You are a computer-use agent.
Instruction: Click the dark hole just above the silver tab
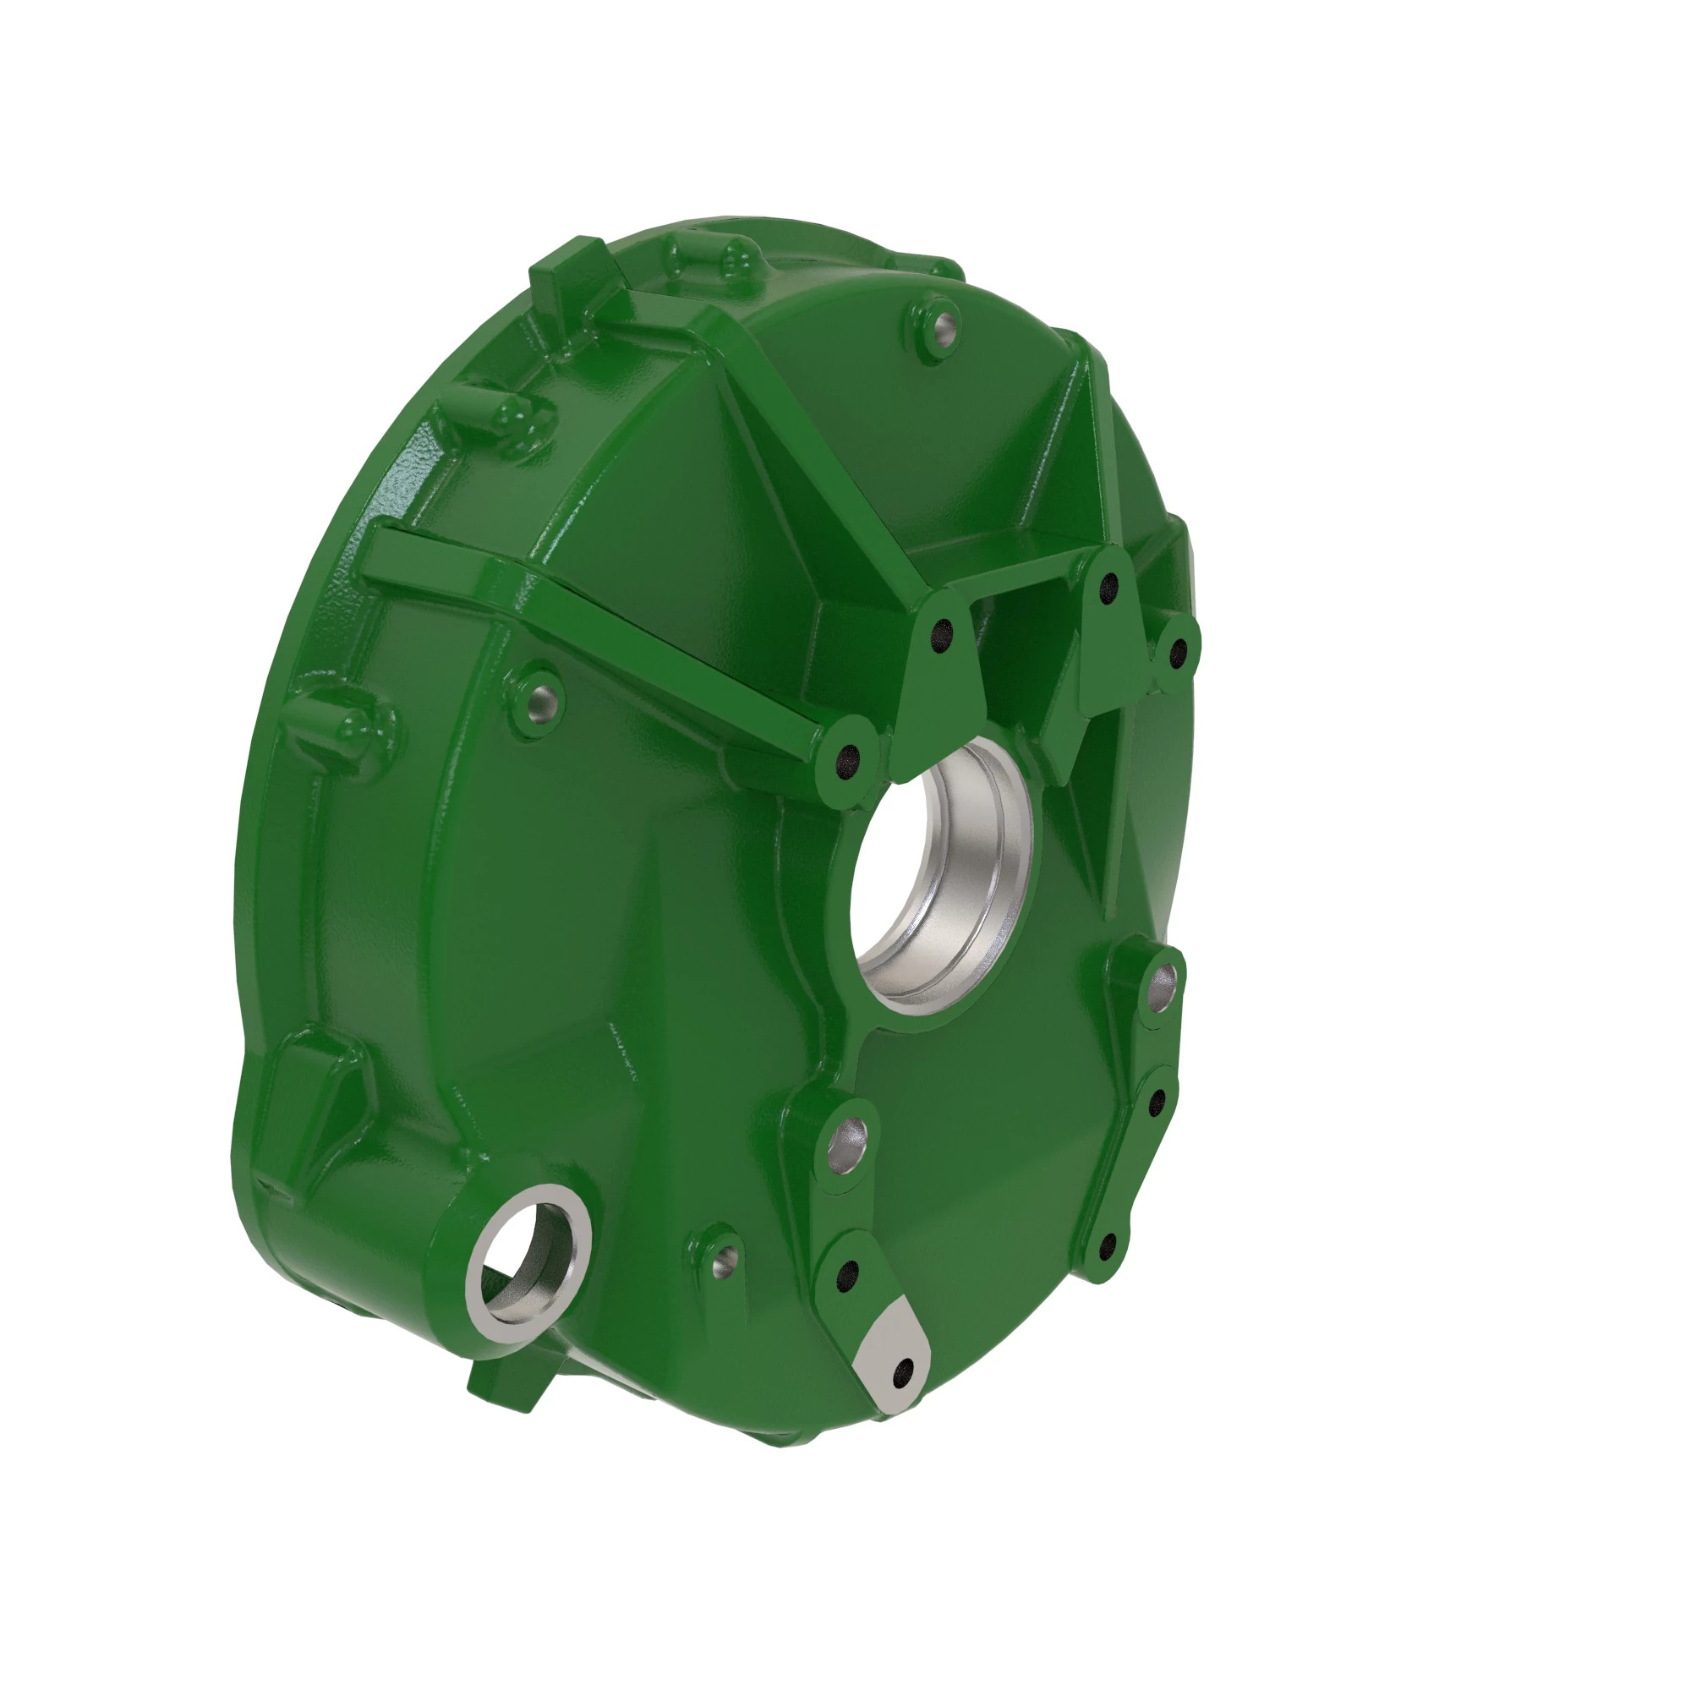[846, 1279]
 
